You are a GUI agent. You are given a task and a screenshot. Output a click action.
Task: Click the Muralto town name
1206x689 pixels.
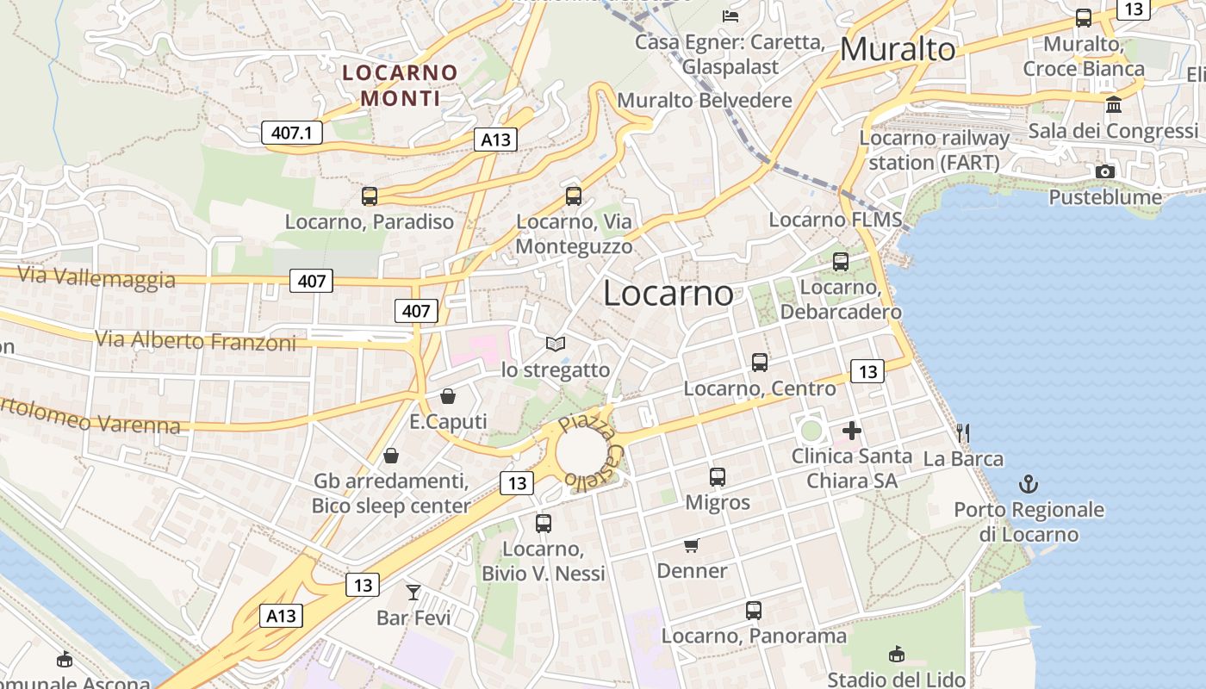(898, 49)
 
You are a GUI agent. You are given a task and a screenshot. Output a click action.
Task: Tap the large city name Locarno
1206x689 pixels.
(668, 294)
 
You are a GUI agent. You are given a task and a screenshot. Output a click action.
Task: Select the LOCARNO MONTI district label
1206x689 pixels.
(401, 84)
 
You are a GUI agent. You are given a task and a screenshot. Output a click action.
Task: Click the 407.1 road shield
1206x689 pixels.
(291, 133)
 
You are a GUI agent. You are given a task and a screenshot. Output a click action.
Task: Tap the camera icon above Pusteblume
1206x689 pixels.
(1104, 171)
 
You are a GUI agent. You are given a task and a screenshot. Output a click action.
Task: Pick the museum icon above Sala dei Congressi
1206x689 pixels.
(1114, 105)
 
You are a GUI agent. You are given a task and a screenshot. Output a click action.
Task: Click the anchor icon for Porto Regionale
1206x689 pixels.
(1029, 484)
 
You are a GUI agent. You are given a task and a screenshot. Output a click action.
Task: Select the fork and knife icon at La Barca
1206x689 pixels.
(963, 432)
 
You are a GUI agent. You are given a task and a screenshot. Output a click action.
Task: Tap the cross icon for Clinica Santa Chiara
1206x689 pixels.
(852, 430)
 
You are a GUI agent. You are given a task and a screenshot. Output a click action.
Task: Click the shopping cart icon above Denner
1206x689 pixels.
(691, 545)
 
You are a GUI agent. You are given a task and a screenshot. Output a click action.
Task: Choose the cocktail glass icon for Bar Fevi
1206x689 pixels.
(413, 592)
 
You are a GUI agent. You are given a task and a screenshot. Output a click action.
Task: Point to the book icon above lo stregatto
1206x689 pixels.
(556, 344)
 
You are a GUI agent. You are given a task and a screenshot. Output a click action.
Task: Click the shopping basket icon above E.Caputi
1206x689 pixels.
(448, 396)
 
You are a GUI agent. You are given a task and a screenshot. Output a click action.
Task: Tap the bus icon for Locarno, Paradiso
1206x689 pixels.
(370, 196)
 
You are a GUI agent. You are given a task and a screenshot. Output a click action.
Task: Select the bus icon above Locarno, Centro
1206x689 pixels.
(759, 363)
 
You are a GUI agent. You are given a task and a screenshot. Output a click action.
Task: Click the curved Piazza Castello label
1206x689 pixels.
(593, 453)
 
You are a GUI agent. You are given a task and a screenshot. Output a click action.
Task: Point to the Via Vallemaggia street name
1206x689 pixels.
(96, 277)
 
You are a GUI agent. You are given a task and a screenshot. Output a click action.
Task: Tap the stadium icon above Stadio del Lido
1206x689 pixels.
(897, 654)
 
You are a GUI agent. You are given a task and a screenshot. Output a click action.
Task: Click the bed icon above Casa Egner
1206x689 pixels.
(730, 16)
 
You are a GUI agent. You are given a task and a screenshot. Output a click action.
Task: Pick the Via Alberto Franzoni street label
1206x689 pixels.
(195, 340)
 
